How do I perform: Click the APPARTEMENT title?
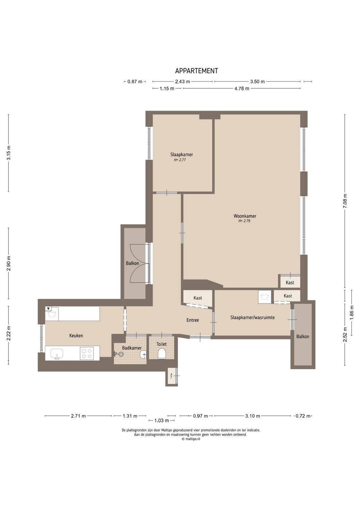click(197, 71)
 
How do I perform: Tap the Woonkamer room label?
click(245, 216)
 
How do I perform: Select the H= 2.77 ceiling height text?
click(180, 160)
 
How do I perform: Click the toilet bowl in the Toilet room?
click(162, 353)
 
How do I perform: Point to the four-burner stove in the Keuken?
click(87, 353)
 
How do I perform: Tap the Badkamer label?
click(132, 348)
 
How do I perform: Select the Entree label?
click(193, 320)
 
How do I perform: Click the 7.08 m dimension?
click(345, 201)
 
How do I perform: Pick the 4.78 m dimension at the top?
click(242, 88)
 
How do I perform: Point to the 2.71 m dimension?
click(78, 416)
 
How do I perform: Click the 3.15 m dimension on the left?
click(9, 152)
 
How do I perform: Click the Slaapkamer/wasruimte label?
click(253, 317)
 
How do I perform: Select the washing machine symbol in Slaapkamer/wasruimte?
click(265, 297)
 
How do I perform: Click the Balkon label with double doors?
click(132, 263)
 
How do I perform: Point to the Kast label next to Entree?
click(197, 298)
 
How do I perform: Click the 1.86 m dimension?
click(352, 312)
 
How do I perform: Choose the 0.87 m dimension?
click(135, 81)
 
